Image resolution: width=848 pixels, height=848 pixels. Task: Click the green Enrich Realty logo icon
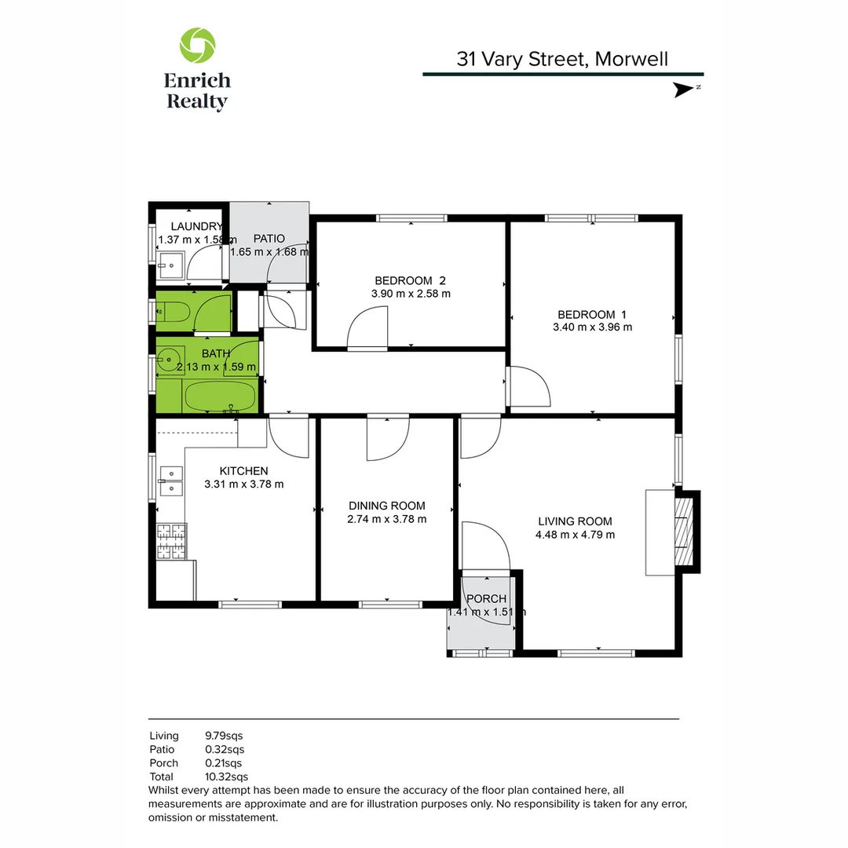(x=197, y=45)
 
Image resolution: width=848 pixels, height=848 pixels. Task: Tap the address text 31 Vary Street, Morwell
(x=562, y=59)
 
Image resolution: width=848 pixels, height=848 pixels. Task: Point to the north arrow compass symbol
(x=685, y=90)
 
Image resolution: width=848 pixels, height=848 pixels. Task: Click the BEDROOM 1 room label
(x=592, y=314)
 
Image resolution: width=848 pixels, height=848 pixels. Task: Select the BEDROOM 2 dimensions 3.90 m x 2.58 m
(x=411, y=294)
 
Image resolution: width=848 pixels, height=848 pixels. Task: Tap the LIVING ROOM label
(x=575, y=521)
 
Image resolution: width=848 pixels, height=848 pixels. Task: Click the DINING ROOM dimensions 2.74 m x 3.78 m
(x=387, y=519)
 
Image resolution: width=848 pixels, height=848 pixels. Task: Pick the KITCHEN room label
(x=243, y=470)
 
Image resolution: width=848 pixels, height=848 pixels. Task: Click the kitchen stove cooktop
(x=171, y=541)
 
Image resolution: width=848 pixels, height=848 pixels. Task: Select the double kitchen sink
(x=170, y=481)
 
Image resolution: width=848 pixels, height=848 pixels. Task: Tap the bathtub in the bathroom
(x=220, y=397)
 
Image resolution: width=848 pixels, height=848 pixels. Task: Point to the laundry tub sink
(x=170, y=266)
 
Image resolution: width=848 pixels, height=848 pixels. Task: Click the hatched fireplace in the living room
(x=685, y=531)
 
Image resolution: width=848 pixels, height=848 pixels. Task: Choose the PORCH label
(x=486, y=599)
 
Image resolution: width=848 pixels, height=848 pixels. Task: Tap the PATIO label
(x=269, y=239)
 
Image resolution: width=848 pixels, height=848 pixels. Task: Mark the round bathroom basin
(x=169, y=362)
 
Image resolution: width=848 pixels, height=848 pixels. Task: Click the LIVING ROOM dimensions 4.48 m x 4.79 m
(x=576, y=535)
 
